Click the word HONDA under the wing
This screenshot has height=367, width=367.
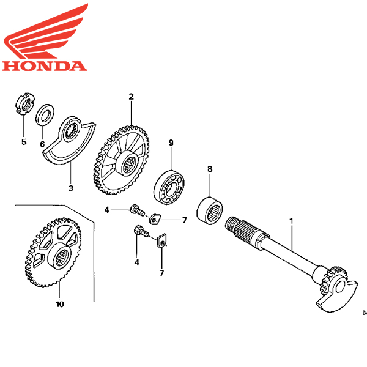pos(45,66)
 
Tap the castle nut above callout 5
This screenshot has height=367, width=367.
pos(25,103)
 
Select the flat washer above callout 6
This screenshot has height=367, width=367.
pos(45,115)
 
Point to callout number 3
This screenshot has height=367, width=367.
pos(71,188)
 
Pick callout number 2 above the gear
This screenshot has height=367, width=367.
pos(131,97)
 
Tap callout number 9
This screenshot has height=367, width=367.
pos(171,143)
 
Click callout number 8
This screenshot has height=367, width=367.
pos(210,169)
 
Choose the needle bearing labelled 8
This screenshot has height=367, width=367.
pos(210,211)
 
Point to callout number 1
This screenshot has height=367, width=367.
pos(291,221)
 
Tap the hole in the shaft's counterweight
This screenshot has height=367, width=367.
pos(341,287)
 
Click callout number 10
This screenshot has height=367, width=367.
pos(60,304)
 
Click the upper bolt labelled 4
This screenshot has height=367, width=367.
pos(138,210)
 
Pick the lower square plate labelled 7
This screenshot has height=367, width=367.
pos(161,241)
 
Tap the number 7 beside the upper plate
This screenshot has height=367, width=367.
pos(185,220)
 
